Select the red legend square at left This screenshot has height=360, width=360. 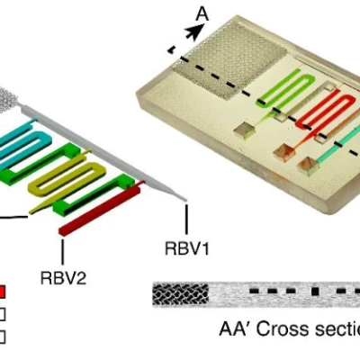[x=3, y=292]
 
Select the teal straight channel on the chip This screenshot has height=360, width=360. [x=337, y=144]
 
